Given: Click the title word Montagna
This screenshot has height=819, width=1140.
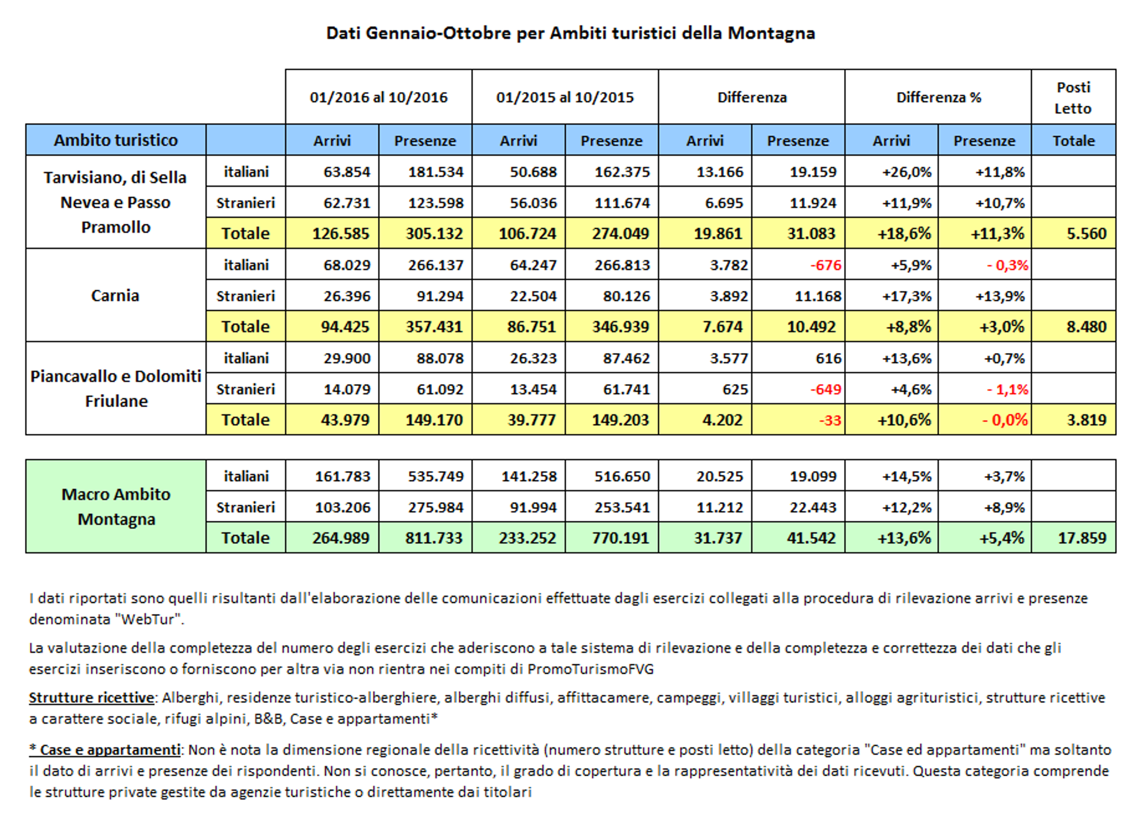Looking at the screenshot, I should tap(771, 33).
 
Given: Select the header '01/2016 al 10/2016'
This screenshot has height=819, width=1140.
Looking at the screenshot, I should tap(378, 97).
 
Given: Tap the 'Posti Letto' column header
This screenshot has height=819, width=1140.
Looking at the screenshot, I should tap(1073, 97).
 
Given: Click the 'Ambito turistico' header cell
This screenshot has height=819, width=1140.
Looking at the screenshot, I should tap(115, 140).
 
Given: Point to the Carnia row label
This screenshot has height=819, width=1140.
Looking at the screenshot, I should tap(115, 296).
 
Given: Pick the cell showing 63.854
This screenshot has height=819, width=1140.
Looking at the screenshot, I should tap(347, 172).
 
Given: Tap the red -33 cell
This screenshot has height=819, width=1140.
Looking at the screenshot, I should tap(830, 420).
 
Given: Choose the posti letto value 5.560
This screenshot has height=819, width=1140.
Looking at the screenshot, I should tap(1086, 233).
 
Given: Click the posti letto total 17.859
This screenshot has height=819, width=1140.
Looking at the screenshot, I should tap(1082, 538).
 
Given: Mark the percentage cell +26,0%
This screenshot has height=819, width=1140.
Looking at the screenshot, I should tap(907, 172).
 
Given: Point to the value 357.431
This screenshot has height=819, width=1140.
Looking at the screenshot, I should tap(434, 327).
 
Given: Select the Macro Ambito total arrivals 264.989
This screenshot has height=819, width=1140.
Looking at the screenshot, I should tap(341, 538).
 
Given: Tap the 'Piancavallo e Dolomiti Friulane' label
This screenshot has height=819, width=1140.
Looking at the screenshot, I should tap(115, 388).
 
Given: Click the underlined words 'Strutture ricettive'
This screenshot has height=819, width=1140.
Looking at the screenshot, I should tap(91, 698).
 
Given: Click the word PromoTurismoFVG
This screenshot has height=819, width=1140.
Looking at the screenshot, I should tap(591, 669).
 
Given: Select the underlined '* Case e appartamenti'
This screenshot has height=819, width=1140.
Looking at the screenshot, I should tap(104, 750).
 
